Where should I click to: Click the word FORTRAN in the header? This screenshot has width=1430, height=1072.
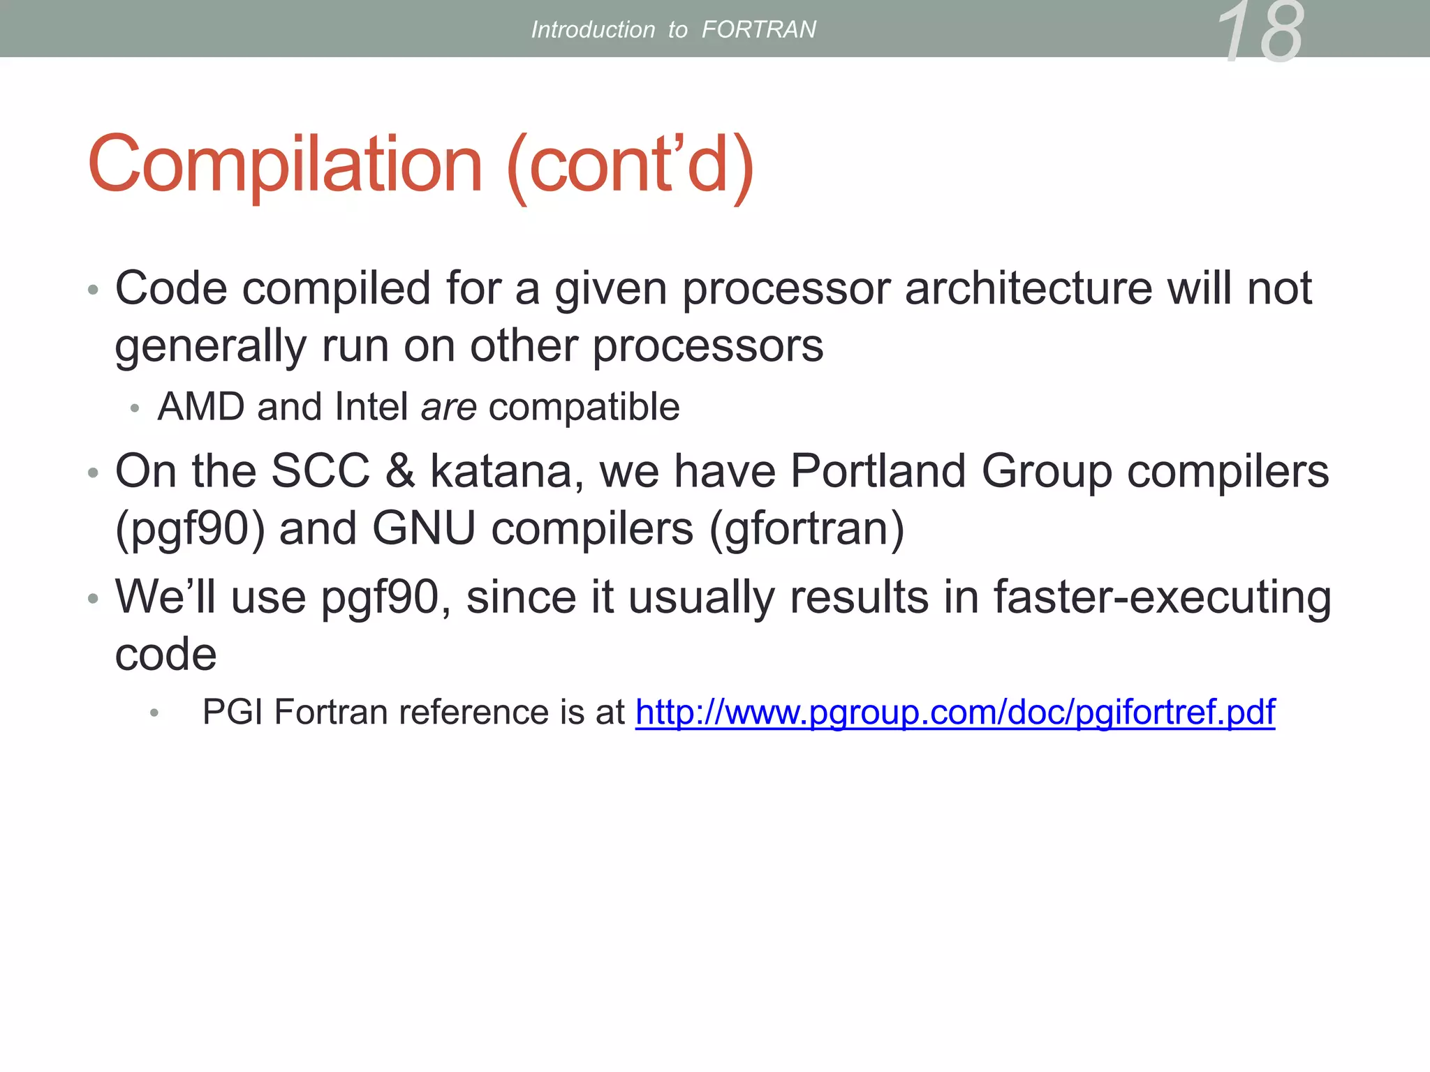point(758,30)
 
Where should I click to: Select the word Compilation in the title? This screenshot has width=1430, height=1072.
point(285,165)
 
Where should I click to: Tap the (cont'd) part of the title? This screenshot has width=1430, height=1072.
point(631,166)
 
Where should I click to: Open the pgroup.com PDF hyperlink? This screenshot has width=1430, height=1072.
point(954,713)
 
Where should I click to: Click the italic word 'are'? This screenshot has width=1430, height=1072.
point(448,407)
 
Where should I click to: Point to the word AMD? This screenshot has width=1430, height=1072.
point(201,407)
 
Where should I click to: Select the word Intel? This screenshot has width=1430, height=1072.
point(371,407)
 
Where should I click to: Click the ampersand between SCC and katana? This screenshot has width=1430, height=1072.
point(399,471)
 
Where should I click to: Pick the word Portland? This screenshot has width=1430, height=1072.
point(878,471)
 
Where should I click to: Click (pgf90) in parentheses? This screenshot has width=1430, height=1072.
point(190,529)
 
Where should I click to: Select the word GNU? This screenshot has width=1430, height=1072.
point(424,528)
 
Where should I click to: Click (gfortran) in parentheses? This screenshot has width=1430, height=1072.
point(806,529)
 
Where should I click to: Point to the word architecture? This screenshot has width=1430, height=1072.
point(1029,288)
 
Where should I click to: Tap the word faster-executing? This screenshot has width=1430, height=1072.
point(1162,598)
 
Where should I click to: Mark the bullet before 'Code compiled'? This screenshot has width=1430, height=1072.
point(93,290)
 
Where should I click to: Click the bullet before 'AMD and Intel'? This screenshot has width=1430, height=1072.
point(135,408)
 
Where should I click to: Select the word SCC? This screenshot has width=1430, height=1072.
point(320,471)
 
